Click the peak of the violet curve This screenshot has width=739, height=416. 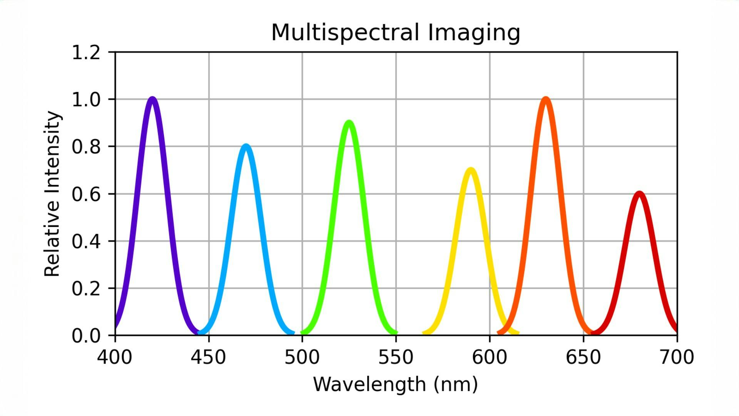(153, 99)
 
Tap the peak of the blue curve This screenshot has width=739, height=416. (246, 147)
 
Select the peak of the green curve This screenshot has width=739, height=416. (349, 123)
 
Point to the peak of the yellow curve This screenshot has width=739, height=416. (471, 170)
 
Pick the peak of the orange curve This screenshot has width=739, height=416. (546, 99)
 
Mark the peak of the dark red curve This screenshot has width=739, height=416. (639, 194)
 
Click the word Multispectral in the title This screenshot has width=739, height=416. (345, 32)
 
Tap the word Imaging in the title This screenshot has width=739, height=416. (474, 33)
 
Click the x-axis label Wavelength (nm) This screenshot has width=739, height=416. (396, 384)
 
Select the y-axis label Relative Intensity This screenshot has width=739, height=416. (52, 194)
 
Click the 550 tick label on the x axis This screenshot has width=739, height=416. (396, 357)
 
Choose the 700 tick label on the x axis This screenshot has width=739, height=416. (677, 357)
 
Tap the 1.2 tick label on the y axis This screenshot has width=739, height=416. (86, 52)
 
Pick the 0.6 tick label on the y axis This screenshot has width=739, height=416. (86, 194)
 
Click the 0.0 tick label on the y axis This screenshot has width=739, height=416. (86, 336)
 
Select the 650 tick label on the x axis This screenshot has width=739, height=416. (583, 357)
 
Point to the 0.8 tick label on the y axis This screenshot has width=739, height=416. (86, 147)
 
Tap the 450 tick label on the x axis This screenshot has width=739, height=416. (208, 357)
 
